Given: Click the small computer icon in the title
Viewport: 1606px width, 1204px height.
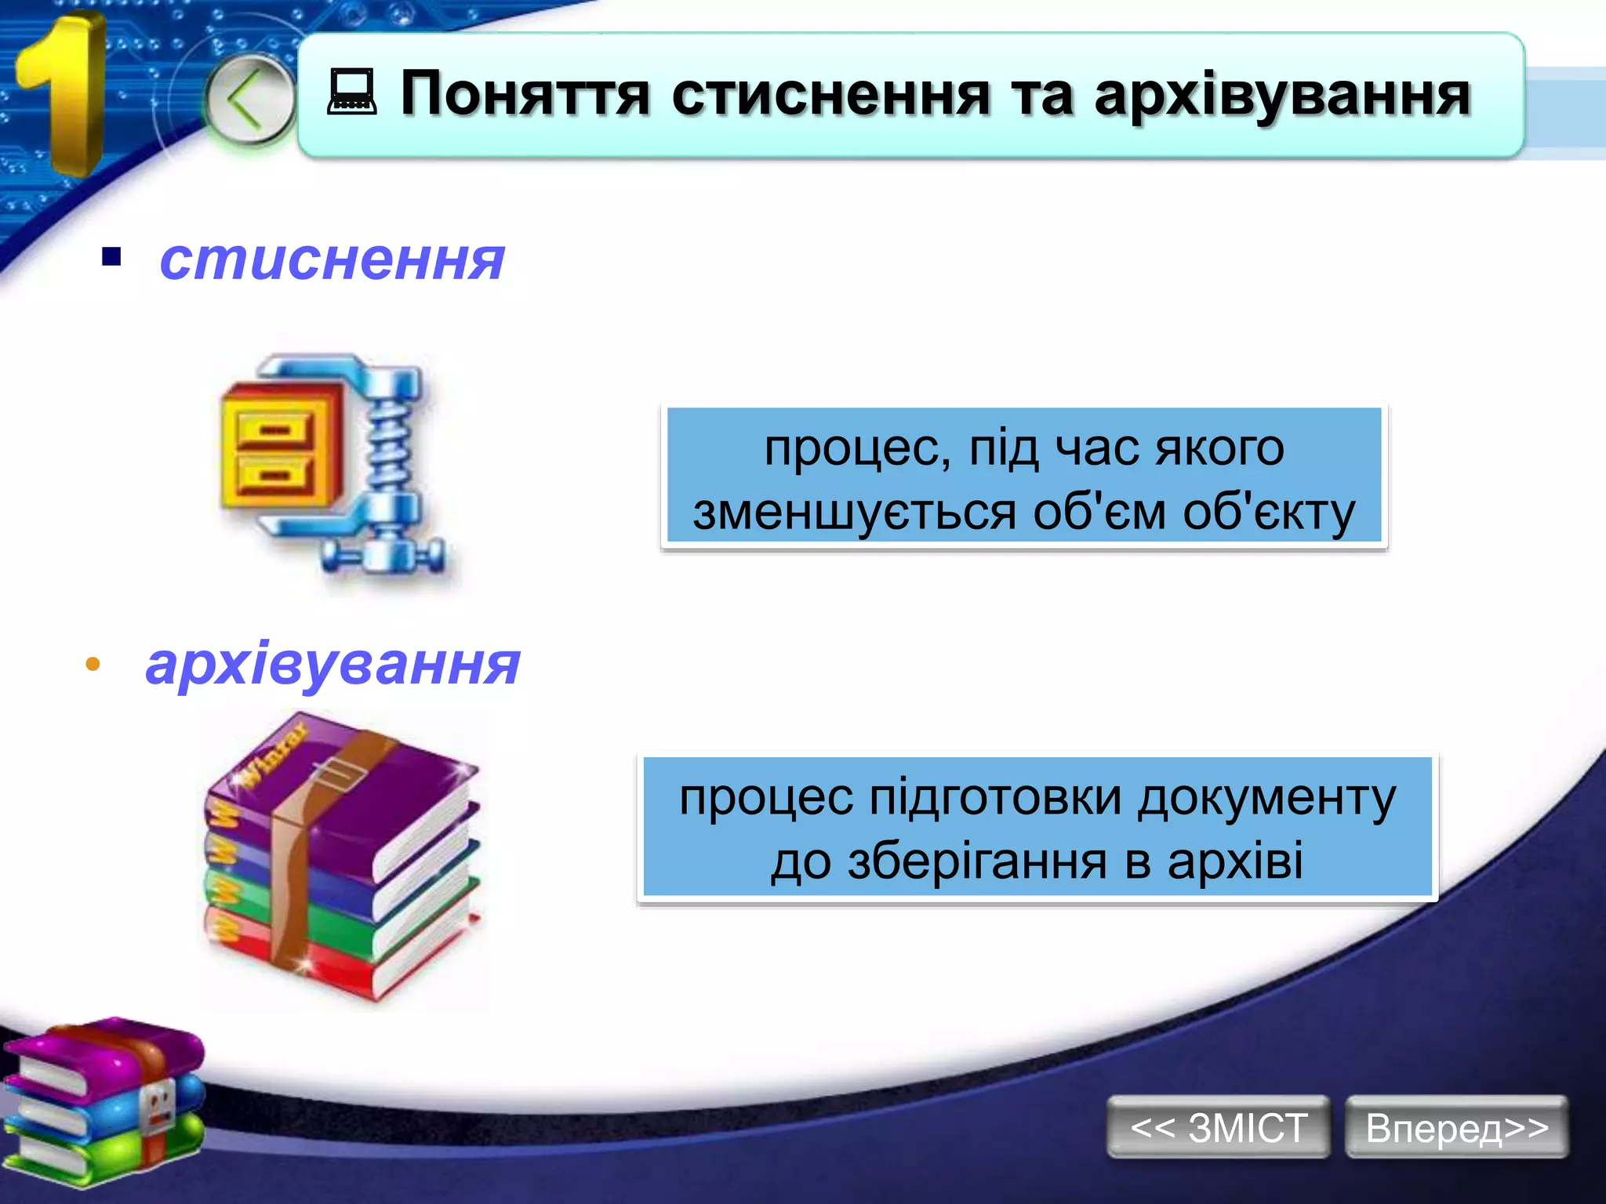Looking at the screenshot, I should (x=351, y=92).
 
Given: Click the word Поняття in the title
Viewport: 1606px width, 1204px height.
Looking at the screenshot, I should (x=525, y=94).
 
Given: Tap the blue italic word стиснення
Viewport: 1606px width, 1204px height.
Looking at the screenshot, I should (x=332, y=260).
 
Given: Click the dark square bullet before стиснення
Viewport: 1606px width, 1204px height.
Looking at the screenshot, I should (x=111, y=257).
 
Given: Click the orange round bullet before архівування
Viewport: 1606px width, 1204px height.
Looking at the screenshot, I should (x=93, y=665).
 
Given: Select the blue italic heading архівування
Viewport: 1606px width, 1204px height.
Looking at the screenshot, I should (x=332, y=665).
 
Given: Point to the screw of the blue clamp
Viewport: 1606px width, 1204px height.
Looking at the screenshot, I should (x=390, y=455).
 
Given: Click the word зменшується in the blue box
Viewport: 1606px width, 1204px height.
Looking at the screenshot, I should (x=855, y=513).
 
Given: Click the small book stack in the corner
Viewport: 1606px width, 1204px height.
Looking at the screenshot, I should (x=102, y=1101).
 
